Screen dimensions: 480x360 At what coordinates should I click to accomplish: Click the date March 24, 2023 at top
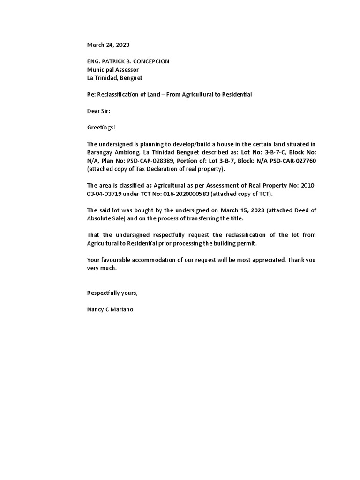click(x=108, y=45)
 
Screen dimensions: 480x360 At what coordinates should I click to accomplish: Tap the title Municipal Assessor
click(x=113, y=70)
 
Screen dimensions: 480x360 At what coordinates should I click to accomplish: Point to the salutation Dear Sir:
click(x=98, y=111)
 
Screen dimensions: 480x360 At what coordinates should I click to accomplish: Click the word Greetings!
click(x=101, y=127)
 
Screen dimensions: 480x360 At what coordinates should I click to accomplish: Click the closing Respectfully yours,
click(x=112, y=293)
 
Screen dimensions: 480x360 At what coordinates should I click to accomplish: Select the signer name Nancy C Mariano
click(x=110, y=310)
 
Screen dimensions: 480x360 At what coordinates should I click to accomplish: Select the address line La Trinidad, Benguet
click(x=114, y=78)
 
